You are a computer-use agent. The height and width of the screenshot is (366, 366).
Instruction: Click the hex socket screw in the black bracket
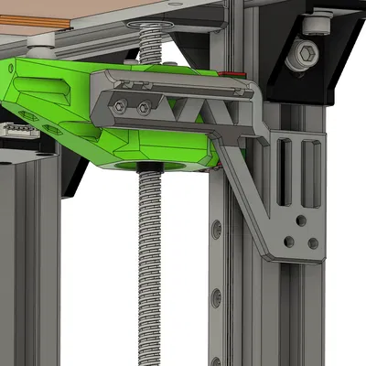click(x=304, y=56)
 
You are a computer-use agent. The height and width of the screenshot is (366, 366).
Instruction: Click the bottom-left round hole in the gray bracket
click(x=289, y=242)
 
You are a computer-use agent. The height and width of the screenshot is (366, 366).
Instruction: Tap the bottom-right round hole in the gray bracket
click(x=313, y=243)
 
